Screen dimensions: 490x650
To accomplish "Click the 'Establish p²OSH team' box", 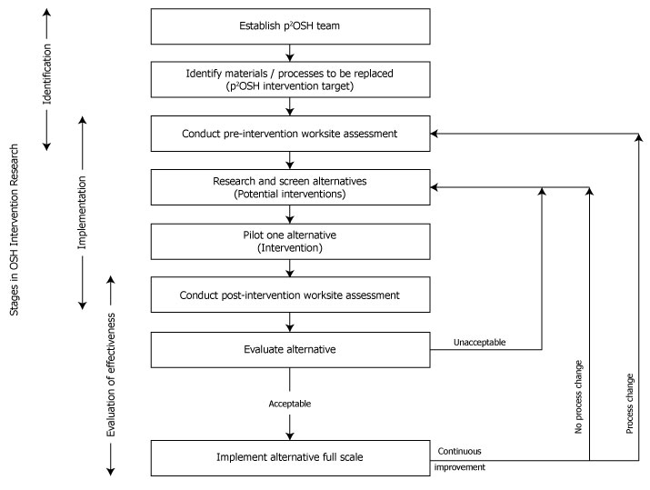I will (289, 25).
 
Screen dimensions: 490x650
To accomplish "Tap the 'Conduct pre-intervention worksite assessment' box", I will (289, 134).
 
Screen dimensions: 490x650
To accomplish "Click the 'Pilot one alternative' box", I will (289, 241).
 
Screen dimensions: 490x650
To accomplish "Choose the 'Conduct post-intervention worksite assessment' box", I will (289, 295).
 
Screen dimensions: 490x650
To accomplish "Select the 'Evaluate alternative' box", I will (289, 348).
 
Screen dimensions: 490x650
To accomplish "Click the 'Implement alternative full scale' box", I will (289, 457).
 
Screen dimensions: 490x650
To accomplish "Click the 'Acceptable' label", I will (290, 402).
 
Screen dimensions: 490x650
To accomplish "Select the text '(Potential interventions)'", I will (289, 194).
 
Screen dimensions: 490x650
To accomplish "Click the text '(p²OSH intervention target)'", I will (289, 86).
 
